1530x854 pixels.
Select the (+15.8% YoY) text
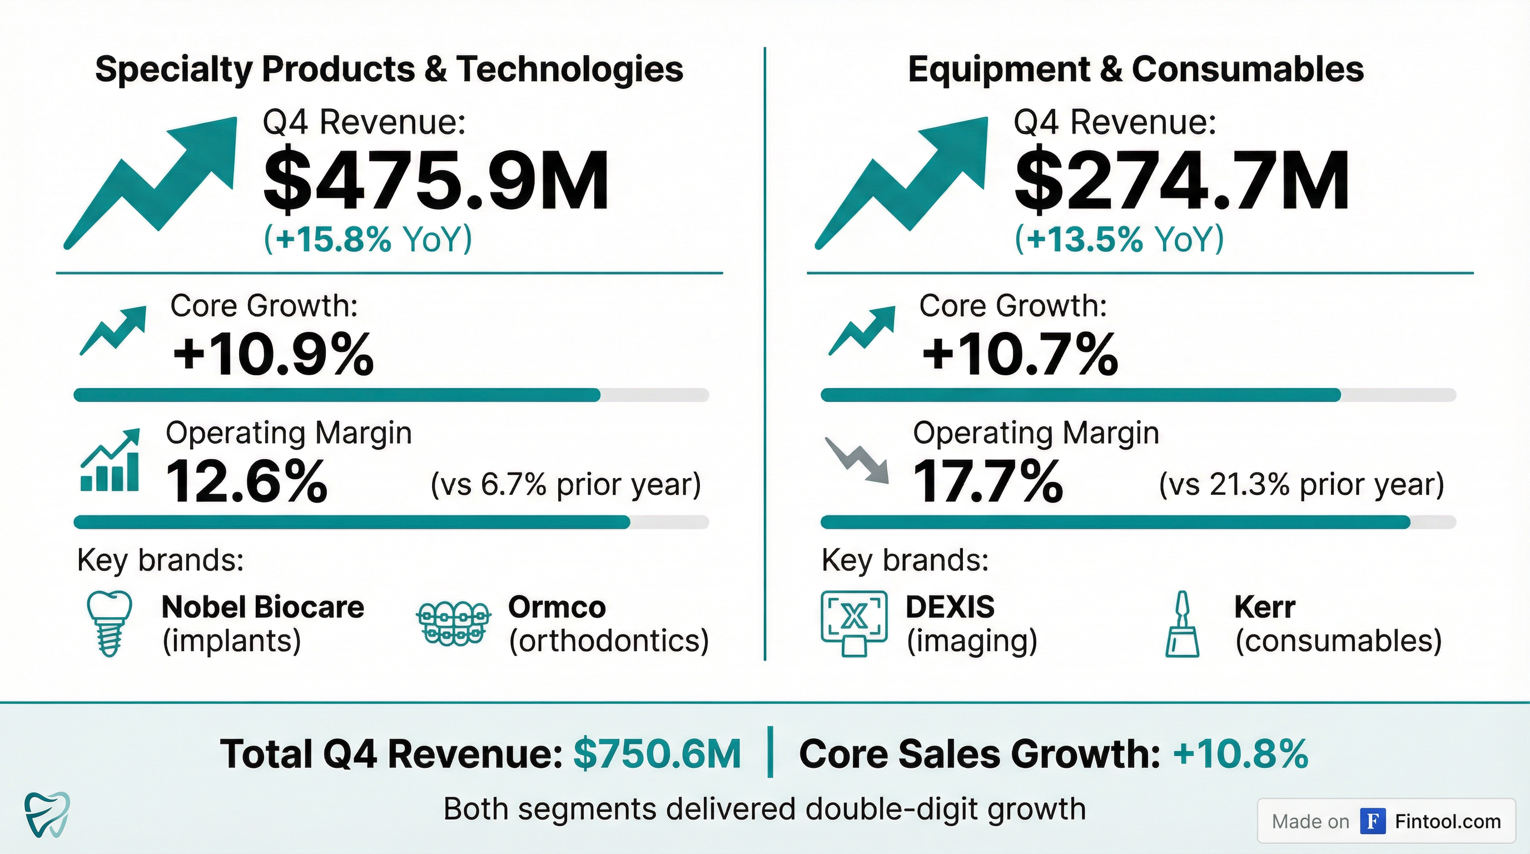[x=367, y=239]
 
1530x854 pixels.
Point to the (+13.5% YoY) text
[x=1119, y=239]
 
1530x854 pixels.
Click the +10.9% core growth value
[x=273, y=355]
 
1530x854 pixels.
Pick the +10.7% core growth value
[x=1020, y=355]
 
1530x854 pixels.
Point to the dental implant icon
[x=109, y=623]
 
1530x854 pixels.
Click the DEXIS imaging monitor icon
[x=854, y=623]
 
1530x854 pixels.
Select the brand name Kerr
[x=1264, y=607]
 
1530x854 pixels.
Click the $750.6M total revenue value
[x=657, y=754]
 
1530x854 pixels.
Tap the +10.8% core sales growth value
[x=1240, y=754]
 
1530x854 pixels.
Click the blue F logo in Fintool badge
[x=1373, y=821]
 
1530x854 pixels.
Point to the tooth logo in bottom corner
[x=47, y=813]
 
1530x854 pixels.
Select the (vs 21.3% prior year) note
[x=1302, y=485]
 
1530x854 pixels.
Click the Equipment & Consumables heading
[x=1136, y=69]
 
